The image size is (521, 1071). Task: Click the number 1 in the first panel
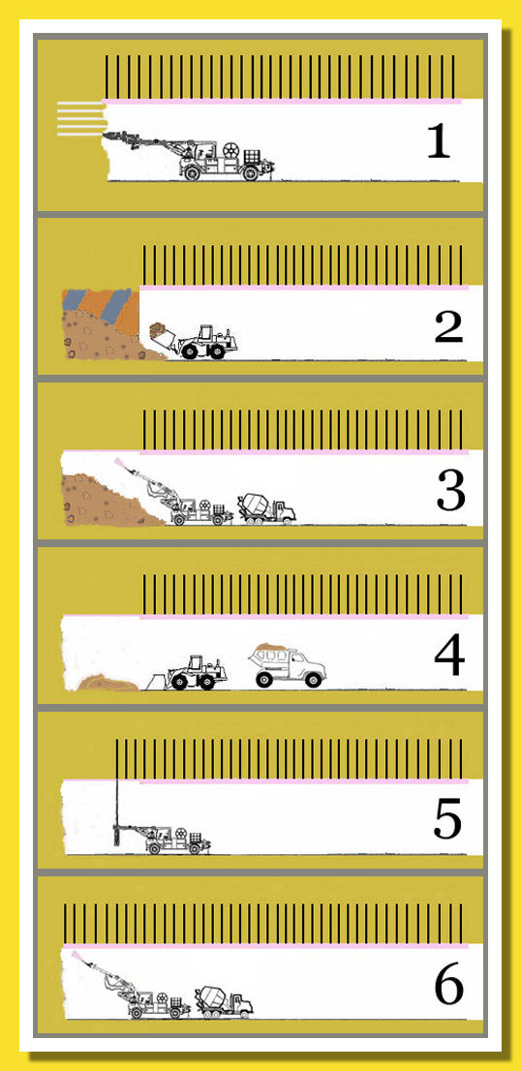(x=439, y=141)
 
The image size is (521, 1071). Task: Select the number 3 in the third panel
(x=450, y=491)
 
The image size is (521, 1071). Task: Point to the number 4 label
(x=449, y=656)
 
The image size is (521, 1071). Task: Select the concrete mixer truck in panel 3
(x=266, y=508)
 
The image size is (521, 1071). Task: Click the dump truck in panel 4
(x=288, y=665)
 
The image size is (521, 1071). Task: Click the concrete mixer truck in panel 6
(x=224, y=1002)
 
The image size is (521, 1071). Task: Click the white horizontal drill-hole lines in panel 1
(x=80, y=119)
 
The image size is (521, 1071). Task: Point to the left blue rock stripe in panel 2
(x=74, y=298)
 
